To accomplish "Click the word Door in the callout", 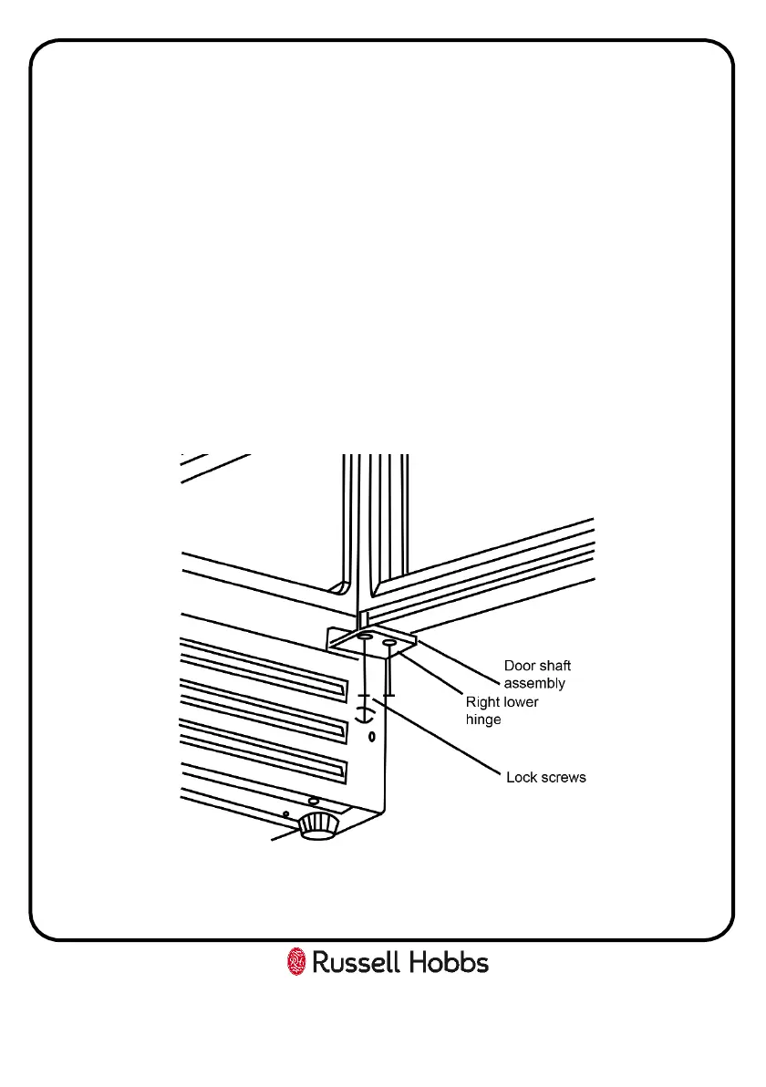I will tap(520, 667).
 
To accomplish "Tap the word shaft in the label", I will tap(554, 667).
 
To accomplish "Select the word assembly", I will tap(535, 683).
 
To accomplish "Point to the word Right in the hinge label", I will tap(482, 702).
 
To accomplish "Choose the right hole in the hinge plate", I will tap(389, 644).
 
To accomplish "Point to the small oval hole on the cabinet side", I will tap(371, 735).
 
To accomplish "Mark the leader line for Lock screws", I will tap(447, 739).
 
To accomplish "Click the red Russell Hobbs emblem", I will tap(296, 962).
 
